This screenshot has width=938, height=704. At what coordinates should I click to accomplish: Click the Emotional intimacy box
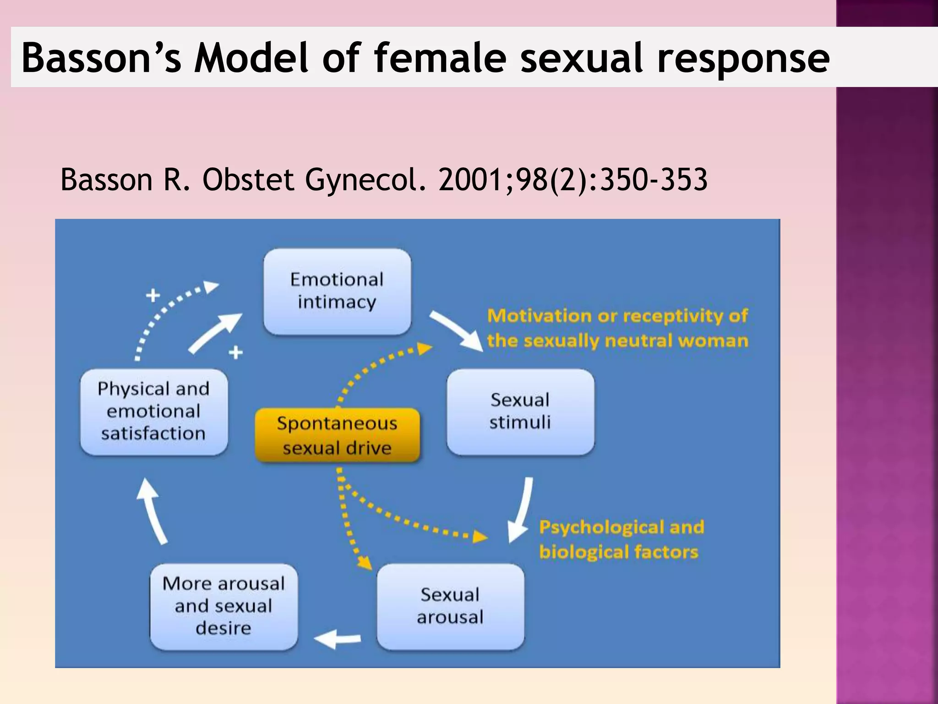click(337, 291)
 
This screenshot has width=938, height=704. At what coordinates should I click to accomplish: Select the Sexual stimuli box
click(520, 412)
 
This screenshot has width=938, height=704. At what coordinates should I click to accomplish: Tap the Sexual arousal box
click(450, 606)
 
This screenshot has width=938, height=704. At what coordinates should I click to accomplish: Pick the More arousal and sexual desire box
click(224, 606)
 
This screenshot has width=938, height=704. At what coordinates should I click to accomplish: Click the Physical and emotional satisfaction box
click(154, 412)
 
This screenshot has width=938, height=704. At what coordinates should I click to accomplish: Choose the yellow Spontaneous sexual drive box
click(337, 435)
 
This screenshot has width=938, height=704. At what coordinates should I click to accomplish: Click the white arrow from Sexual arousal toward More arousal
click(337, 639)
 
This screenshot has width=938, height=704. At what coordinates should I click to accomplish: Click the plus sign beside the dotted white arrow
click(153, 295)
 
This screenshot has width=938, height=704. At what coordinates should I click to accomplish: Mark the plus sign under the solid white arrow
click(235, 352)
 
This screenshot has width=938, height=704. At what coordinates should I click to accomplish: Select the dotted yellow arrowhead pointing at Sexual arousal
click(365, 562)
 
